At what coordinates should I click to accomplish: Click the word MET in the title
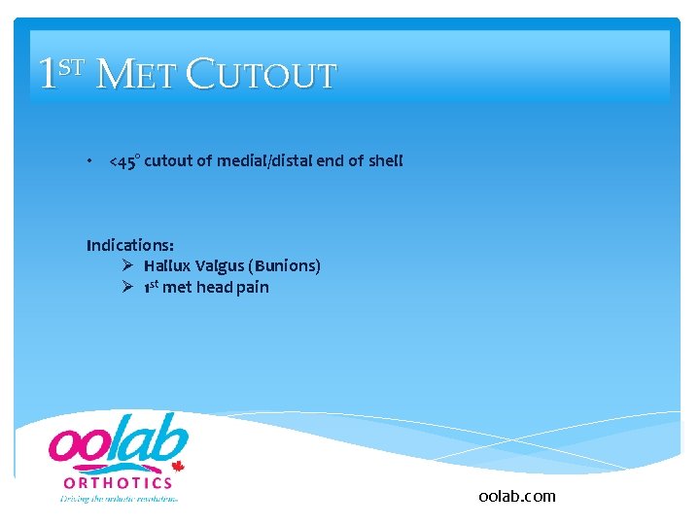click(137, 76)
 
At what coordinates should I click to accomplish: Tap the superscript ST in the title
click(73, 67)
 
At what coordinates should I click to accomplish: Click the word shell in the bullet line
click(384, 161)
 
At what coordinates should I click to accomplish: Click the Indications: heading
click(130, 244)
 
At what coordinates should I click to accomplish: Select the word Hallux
click(168, 265)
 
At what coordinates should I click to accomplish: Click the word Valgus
click(220, 265)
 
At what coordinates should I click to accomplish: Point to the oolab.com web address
click(517, 496)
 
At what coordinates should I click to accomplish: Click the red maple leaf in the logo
click(178, 467)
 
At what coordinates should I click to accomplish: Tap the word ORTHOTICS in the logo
click(119, 482)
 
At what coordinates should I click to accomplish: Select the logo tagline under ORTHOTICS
click(119, 498)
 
